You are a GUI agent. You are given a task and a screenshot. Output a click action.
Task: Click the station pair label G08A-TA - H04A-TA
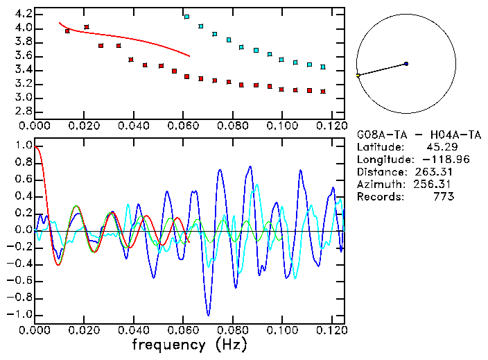click(x=419, y=135)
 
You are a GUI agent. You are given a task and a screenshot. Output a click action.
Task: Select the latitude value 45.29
click(x=440, y=147)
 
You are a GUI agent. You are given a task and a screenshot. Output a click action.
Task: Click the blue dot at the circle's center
click(x=406, y=64)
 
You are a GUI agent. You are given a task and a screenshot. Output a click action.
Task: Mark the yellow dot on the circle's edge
click(x=358, y=75)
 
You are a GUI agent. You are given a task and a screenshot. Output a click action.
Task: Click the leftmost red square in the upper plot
click(x=67, y=31)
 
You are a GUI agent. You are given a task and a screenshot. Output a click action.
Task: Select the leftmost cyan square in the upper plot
click(x=186, y=16)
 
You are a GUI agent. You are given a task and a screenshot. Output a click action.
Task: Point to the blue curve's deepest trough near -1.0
click(x=208, y=314)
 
